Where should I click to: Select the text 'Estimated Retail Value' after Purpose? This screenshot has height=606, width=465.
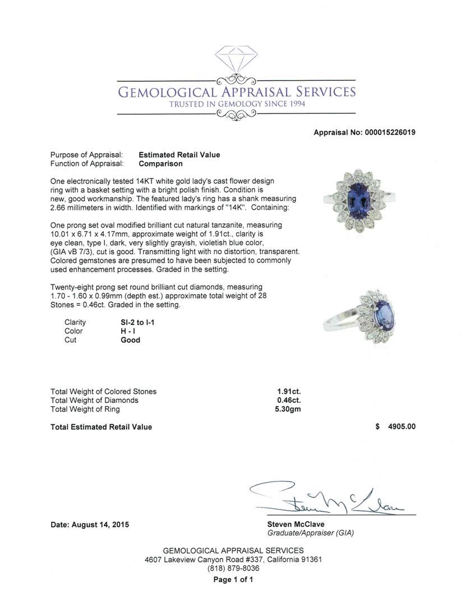pos(179,155)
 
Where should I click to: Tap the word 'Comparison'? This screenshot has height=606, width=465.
pos(160,164)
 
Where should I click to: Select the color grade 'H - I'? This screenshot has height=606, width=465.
pos(129,331)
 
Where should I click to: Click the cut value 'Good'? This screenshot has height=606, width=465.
pos(130,340)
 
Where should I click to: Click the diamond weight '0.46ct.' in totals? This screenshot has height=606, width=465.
pos(289,401)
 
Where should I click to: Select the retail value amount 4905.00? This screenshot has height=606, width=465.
pos(398,427)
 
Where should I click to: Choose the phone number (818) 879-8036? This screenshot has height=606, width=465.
pos(233,568)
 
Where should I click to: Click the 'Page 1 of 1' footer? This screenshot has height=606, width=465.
pos(233,580)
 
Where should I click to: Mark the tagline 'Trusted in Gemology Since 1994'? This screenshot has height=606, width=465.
pos(236,104)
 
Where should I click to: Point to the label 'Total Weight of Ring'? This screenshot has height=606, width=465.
pos(85,410)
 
